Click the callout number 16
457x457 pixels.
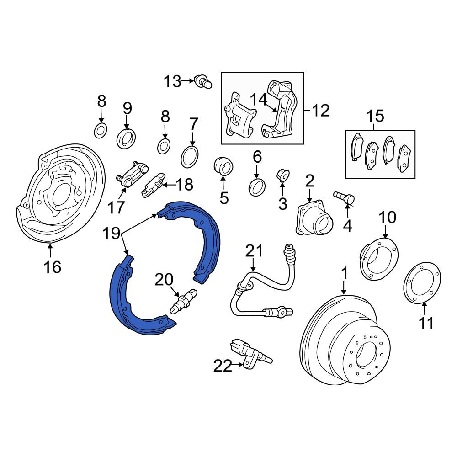pos(53,267)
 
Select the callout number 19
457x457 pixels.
pos(112,233)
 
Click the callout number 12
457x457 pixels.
pos(321,111)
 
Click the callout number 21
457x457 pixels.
pos(254,250)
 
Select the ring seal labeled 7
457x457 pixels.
pos(190,157)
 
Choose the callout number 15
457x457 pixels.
pos(375,116)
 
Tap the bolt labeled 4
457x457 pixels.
pos(344,198)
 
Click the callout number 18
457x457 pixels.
pos(184,184)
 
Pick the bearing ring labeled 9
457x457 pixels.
pos(126,139)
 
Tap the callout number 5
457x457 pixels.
pos(224,198)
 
